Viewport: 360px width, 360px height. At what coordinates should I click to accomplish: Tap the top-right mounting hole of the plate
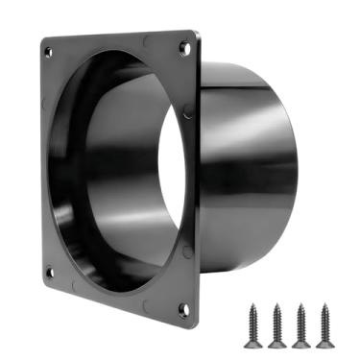[183, 45]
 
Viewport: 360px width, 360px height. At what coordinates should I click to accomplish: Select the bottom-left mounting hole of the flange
[50, 272]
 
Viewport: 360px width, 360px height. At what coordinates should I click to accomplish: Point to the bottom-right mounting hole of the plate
[183, 308]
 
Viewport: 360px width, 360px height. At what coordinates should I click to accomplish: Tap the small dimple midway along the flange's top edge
[144, 41]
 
